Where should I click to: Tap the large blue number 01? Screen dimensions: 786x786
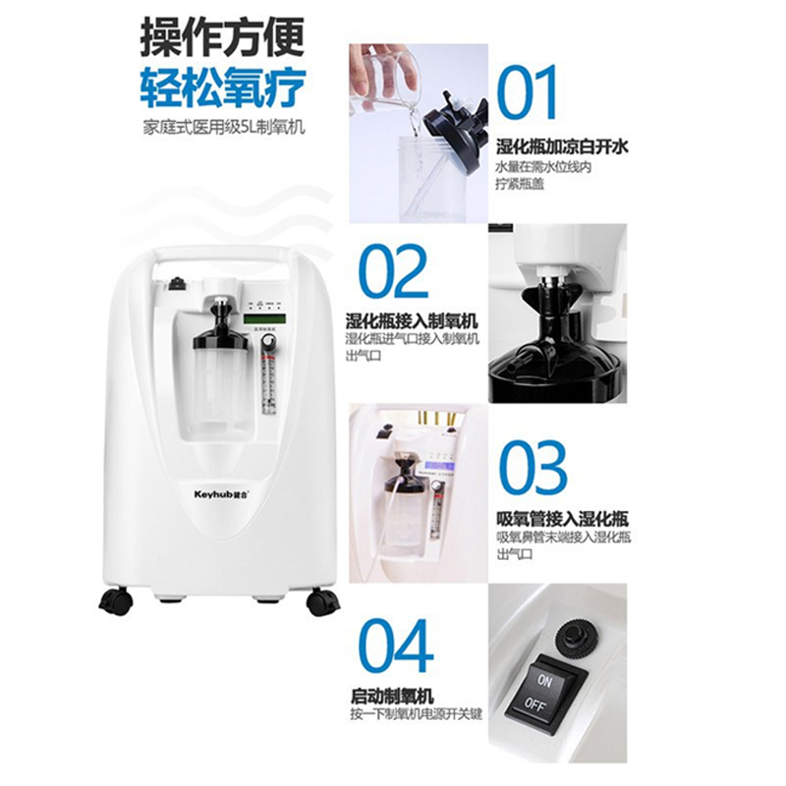[x=527, y=92]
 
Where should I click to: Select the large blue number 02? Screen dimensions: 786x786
[x=394, y=271]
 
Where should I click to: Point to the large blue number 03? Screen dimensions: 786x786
[x=533, y=468]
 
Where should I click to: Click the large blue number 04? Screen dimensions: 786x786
[x=396, y=646]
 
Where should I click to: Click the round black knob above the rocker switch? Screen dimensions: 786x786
[x=577, y=636]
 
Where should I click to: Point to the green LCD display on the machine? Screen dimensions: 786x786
[x=263, y=318]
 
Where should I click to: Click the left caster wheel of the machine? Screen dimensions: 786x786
[x=116, y=601]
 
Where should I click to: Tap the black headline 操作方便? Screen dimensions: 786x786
[x=222, y=37]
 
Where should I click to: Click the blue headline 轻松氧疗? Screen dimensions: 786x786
[x=223, y=88]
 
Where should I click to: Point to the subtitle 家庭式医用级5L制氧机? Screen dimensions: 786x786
[x=224, y=127]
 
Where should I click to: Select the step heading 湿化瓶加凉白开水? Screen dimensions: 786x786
[x=562, y=146]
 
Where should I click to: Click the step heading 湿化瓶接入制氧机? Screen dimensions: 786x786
[x=412, y=320]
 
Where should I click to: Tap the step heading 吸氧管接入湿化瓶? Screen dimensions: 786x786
[x=562, y=519]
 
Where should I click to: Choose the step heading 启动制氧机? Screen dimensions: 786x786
[x=391, y=697]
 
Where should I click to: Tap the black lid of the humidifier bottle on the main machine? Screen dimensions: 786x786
[x=220, y=342]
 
